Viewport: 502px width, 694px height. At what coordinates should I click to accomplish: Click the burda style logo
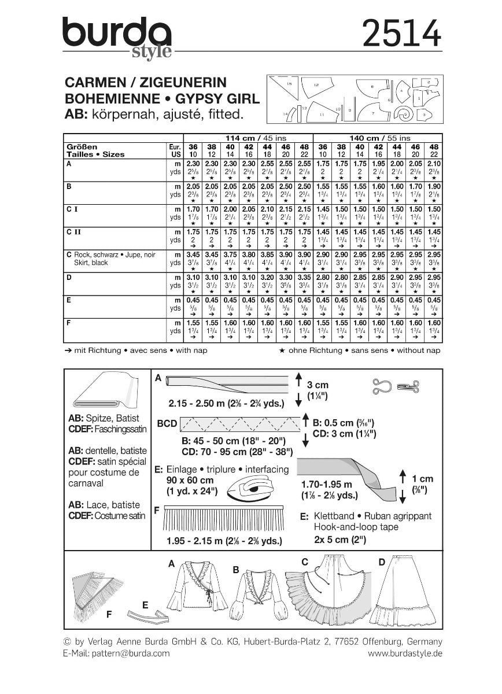119,37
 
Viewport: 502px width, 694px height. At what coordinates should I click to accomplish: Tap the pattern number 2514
401,33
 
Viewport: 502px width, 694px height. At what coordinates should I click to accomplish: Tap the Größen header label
82,147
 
